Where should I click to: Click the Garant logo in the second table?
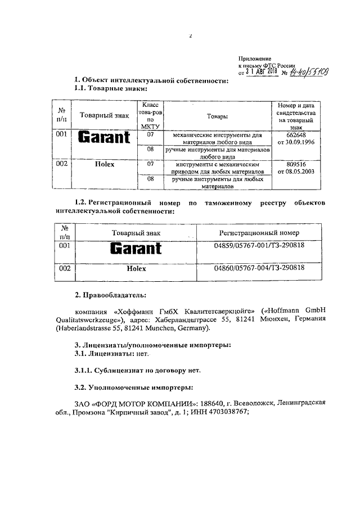tap(136, 248)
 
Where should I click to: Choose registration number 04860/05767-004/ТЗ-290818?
tap(259, 268)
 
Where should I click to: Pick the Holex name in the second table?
tap(136, 269)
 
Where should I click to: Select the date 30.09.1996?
tap(300, 142)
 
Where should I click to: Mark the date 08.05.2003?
tap(300, 170)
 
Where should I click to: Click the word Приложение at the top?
tap(255, 58)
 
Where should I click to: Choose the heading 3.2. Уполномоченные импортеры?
tap(134, 387)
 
